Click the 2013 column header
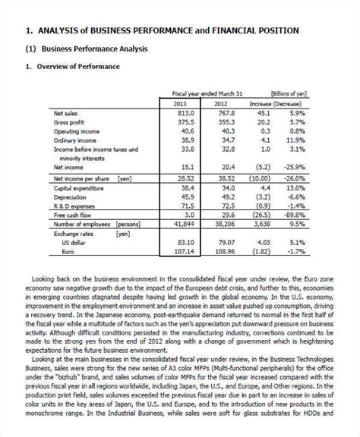(x=180, y=103)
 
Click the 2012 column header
(x=220, y=103)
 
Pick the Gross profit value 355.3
(x=224, y=122)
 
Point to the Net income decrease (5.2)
(x=263, y=166)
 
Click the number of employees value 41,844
(x=182, y=225)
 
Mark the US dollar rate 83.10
(x=184, y=243)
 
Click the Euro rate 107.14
(x=182, y=252)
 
